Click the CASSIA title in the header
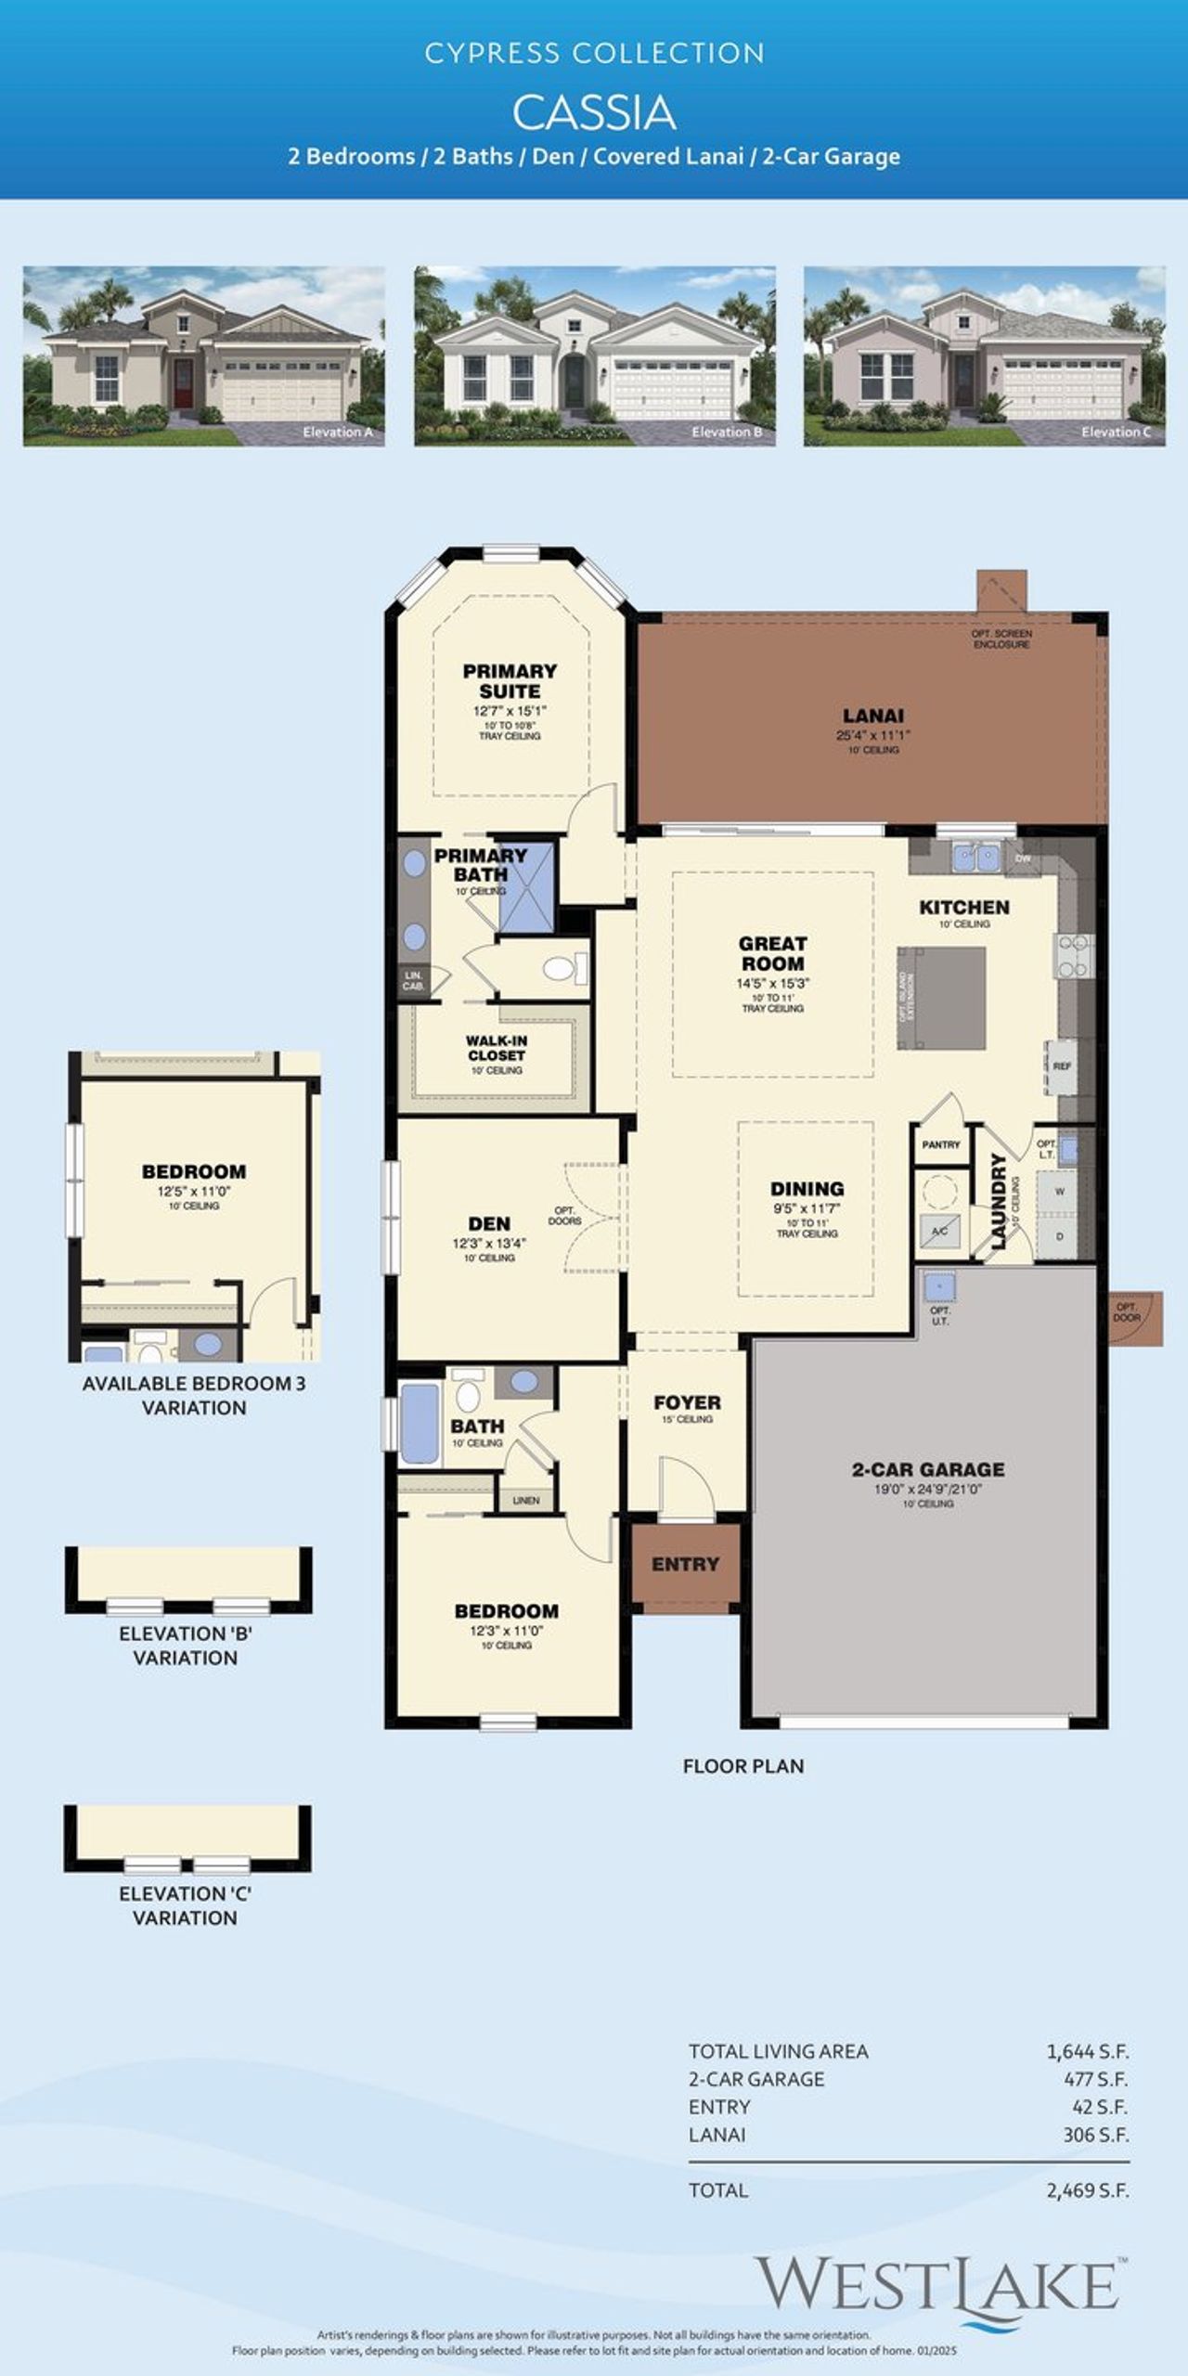click(x=594, y=113)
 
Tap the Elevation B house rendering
click(x=594, y=355)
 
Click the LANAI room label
click(x=872, y=716)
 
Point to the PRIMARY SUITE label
click(x=510, y=680)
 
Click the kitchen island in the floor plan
click(x=941, y=998)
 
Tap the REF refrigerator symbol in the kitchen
click(x=1062, y=1066)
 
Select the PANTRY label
click(x=940, y=1144)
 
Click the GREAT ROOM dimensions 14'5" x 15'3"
click(x=773, y=983)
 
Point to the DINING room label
click(x=807, y=1189)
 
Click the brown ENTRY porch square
click(x=686, y=1565)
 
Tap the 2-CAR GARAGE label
click(x=927, y=1469)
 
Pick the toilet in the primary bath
click(x=560, y=970)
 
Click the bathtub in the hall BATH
click(x=420, y=1424)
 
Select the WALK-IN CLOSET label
click(x=496, y=1048)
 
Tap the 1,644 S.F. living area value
click(x=1087, y=2052)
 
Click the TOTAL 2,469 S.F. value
click(x=1087, y=2191)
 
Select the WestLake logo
click(x=937, y=2285)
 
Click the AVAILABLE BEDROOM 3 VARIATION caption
click(x=194, y=1395)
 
